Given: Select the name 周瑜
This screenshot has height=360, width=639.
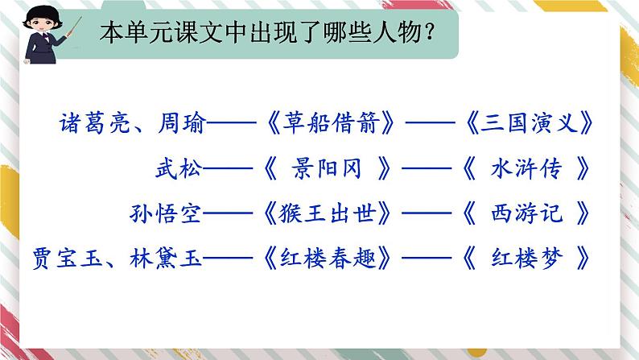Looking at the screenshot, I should point(182,124).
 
